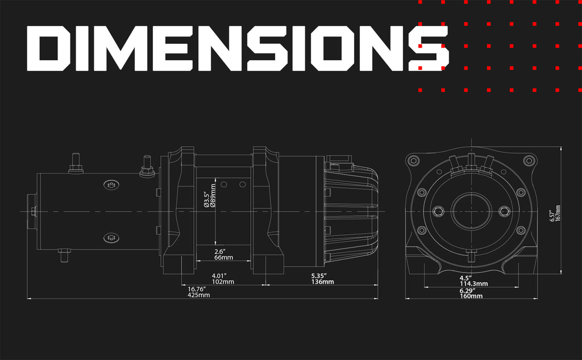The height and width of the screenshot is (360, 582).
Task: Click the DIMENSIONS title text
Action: [238, 48]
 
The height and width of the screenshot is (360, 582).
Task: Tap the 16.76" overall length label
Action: [197, 289]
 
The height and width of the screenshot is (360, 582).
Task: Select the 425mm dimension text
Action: [198, 295]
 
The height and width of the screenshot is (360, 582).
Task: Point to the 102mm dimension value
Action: [223, 282]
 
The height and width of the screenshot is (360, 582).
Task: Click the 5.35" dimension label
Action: [319, 276]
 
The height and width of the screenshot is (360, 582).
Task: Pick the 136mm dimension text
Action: [322, 282]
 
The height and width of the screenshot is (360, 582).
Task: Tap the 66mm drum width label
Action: [223, 258]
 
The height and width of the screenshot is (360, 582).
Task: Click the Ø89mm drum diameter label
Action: [213, 196]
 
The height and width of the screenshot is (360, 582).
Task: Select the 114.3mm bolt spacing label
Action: [473, 284]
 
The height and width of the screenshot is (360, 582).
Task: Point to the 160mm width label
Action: [471, 296]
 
